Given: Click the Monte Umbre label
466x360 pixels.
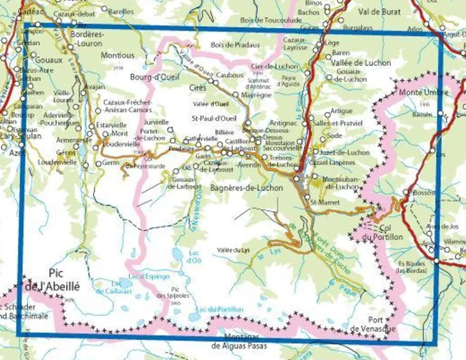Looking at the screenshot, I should [423, 92].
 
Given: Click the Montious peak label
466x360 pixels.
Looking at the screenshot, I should [118, 55].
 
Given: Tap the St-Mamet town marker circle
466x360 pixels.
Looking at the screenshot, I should [307, 197].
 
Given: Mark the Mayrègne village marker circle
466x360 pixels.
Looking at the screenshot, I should [235, 95].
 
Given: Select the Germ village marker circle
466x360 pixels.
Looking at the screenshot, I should [98, 163].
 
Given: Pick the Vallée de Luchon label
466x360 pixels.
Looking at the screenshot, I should [362, 63].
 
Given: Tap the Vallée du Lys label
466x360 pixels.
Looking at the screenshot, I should [233, 250].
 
